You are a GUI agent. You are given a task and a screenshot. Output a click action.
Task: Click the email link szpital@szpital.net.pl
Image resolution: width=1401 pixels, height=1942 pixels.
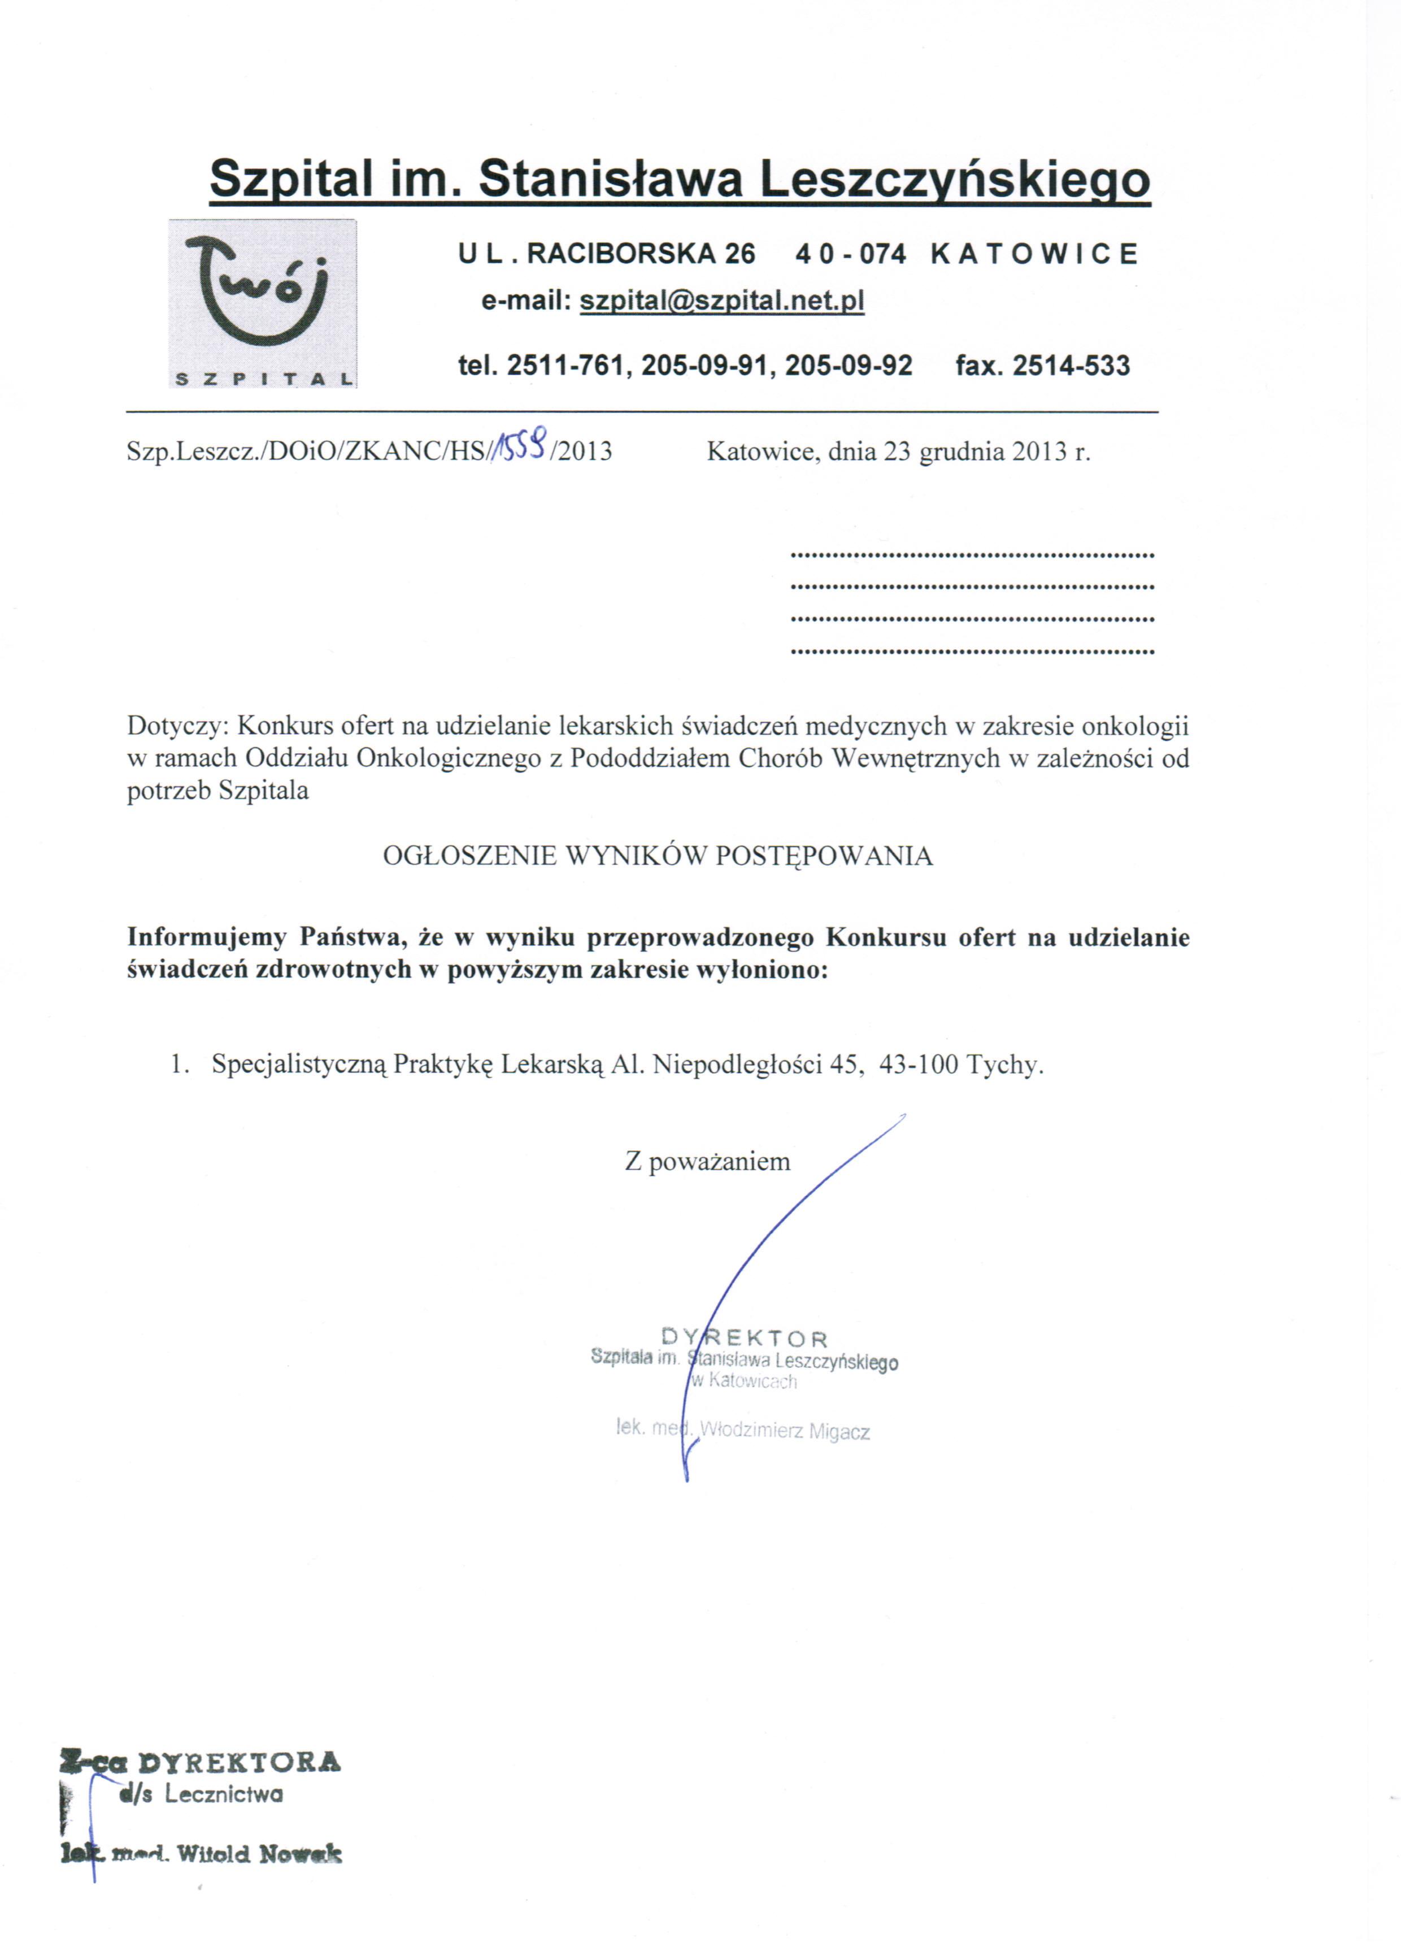pyautogui.click(x=722, y=301)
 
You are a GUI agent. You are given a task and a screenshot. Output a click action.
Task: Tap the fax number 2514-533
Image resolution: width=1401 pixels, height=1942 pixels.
pyautogui.click(x=1071, y=367)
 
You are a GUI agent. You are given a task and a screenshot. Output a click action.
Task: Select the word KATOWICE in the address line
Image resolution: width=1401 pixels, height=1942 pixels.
pyautogui.click(x=1034, y=254)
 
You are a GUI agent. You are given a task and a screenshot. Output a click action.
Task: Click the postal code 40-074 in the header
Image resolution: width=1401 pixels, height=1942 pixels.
pyautogui.click(x=850, y=254)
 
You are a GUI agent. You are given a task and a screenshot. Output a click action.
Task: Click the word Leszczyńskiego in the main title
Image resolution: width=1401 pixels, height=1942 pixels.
pyautogui.click(x=955, y=181)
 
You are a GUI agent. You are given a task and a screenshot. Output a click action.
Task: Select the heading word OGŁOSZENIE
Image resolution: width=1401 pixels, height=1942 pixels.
pyautogui.click(x=469, y=856)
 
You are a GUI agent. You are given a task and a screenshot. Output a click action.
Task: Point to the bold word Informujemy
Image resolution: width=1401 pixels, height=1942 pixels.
pyautogui.click(x=206, y=937)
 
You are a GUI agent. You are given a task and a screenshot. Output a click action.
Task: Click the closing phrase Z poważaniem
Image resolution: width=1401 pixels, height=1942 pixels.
pyautogui.click(x=707, y=1162)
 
